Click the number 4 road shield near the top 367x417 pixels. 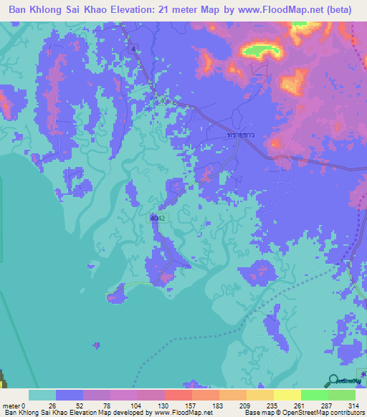(x=133, y=49)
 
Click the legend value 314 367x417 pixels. (x=353, y=405)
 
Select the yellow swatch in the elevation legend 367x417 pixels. (x=287, y=395)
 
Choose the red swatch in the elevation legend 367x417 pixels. (x=178, y=395)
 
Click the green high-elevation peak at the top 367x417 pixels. (x=260, y=50)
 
